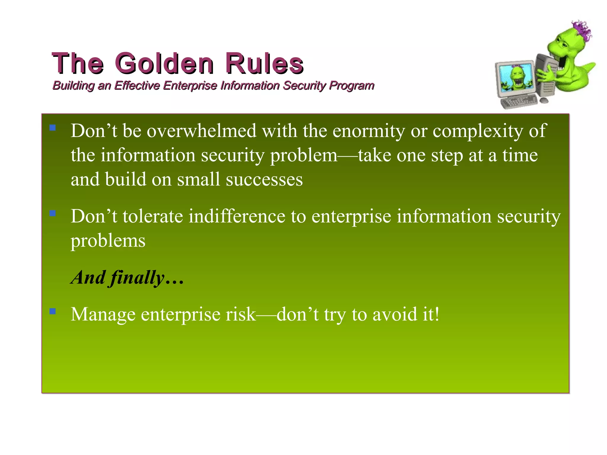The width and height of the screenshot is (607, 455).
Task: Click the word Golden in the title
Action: (x=164, y=63)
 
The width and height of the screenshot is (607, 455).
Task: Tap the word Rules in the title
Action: (x=264, y=63)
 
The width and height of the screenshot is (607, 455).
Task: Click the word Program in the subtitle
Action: (x=352, y=86)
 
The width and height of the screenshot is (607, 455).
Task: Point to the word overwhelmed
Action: (x=202, y=131)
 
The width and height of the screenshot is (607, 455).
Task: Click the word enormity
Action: (x=368, y=131)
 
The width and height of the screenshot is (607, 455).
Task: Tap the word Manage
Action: (x=103, y=314)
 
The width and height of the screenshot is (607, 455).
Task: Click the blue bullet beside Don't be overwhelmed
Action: (x=53, y=128)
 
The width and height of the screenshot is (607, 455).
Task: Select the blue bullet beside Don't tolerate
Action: (x=53, y=213)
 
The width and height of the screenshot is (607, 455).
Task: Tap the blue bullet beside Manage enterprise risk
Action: (x=53, y=311)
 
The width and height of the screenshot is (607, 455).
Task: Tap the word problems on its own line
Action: (x=108, y=241)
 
